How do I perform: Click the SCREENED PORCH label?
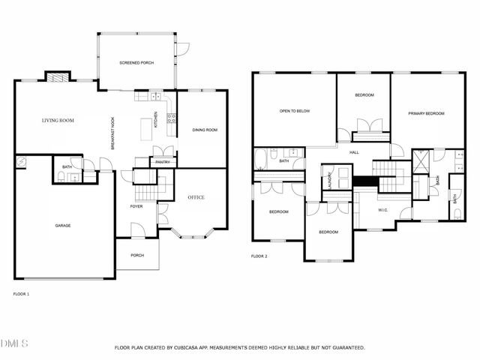coord(136,63)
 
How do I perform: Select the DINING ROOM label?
coord(205,130)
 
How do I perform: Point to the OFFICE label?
coord(196,197)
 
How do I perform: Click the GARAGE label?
coord(63,225)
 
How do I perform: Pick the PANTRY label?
coord(161,162)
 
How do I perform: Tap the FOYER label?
coord(136,206)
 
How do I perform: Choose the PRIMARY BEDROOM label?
coord(426,113)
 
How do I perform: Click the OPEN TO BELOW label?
coord(295,111)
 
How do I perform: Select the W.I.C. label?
coord(382,210)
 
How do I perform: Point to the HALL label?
coord(354,152)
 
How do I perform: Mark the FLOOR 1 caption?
coord(21,294)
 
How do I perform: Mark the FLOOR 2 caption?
coord(259,256)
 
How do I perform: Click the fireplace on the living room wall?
coord(58,76)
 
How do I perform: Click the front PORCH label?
coord(137,255)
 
